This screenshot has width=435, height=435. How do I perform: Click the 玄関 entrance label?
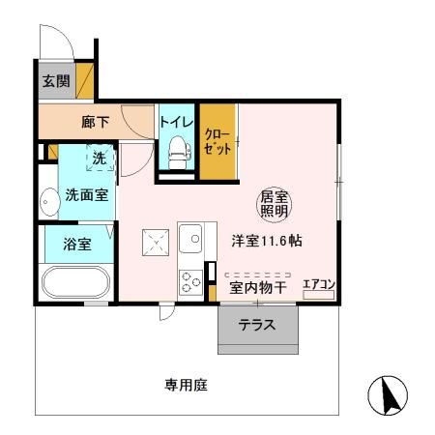point(54,80)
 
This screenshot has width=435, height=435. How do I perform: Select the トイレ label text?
point(177,123)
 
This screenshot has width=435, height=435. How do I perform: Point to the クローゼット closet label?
point(218,143)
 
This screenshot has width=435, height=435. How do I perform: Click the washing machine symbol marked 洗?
point(100,159)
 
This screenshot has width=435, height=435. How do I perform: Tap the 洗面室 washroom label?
point(86,194)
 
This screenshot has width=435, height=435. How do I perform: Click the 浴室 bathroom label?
point(77,244)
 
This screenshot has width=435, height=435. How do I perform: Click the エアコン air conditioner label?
point(319,283)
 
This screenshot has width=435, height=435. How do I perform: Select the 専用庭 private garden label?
point(187,385)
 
